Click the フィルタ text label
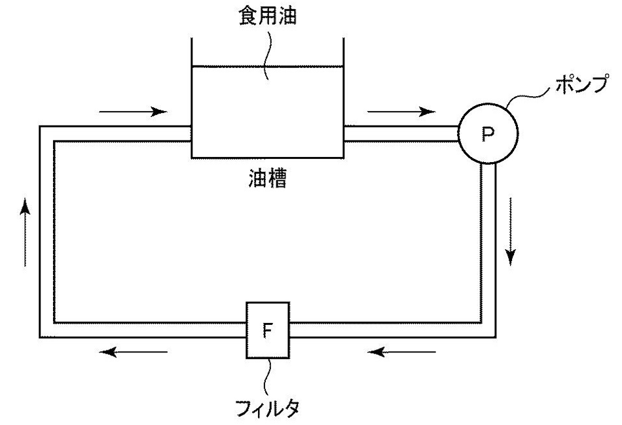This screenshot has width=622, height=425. pyautogui.click(x=266, y=408)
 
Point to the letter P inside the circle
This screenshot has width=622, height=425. pyautogui.click(x=488, y=135)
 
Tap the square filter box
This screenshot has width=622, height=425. pyautogui.click(x=266, y=330)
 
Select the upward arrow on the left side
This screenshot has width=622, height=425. pyautogui.click(x=25, y=232)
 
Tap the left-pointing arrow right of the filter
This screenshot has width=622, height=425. pyautogui.click(x=401, y=352)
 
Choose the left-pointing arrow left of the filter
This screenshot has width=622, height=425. pyautogui.click(x=134, y=352)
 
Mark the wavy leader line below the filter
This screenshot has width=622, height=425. pyautogui.click(x=266, y=376)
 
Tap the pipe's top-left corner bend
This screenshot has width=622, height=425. pyautogui.click(x=46, y=133)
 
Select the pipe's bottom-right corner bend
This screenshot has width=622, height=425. pyautogui.click(x=488, y=330)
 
